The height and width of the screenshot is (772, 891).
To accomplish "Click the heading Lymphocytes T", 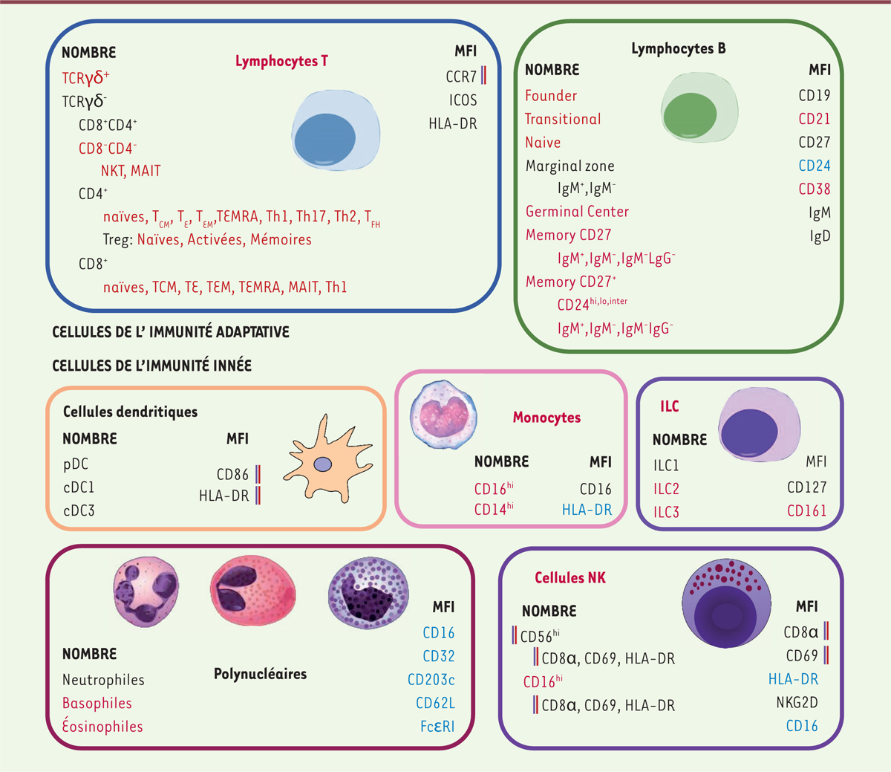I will [281, 61].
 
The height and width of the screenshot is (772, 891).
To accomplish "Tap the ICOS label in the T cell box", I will [463, 100].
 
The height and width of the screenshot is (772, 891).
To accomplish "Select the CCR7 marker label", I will [461, 77].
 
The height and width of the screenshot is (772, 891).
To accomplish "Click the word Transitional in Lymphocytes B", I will [563, 119].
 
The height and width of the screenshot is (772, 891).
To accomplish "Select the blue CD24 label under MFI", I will [815, 166].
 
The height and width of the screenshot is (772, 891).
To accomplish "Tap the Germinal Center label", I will [577, 212].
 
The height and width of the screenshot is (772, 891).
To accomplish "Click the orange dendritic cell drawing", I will [324, 461].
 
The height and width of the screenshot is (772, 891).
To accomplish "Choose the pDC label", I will [76, 464].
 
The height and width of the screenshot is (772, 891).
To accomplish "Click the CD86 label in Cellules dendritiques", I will [232, 475].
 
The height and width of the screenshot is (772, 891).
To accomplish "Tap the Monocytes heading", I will [546, 418].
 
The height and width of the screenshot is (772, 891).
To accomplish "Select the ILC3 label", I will [666, 512].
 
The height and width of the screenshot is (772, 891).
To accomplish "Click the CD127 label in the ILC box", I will [806, 487].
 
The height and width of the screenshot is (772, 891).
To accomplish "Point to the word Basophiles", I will [97, 703].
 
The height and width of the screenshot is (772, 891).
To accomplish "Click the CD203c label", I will [431, 680].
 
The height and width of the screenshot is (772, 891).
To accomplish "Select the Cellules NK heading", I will [570, 577].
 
